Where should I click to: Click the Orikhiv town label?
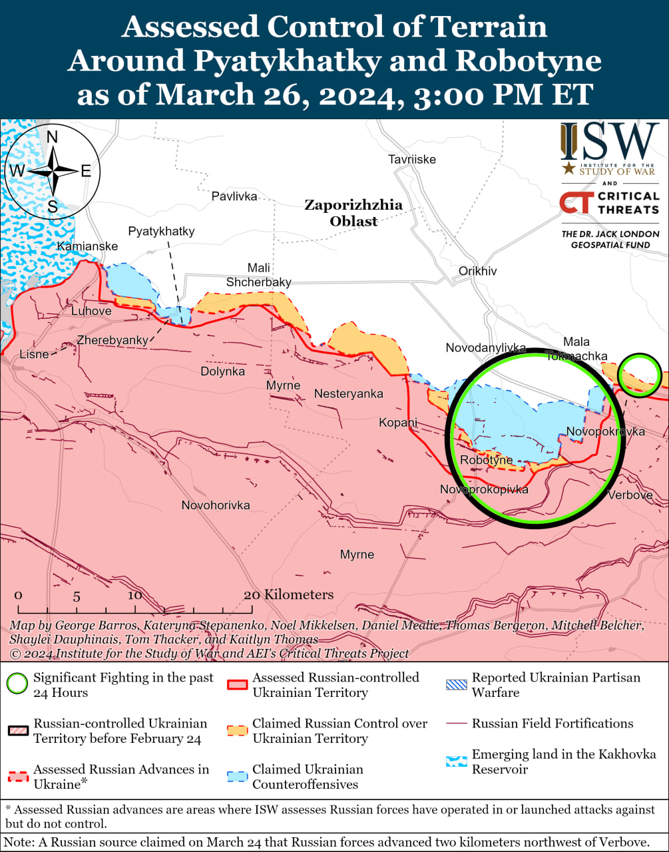point(477,271)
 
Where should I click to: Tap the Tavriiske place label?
point(412,159)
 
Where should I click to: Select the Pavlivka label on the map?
point(234,196)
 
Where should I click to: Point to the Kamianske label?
point(87,246)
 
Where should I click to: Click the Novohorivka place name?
point(216,505)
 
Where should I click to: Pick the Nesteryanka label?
point(348,393)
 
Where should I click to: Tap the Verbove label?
point(630,495)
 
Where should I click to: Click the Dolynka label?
point(222,371)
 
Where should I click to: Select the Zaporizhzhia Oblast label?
point(353,212)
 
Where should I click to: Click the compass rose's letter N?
point(52,137)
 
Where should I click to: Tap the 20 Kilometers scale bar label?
point(288,594)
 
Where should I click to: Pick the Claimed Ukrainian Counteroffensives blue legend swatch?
point(238,776)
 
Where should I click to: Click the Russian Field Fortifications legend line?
point(457,723)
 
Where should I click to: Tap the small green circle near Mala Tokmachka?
point(639,375)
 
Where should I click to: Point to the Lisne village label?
point(34,353)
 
